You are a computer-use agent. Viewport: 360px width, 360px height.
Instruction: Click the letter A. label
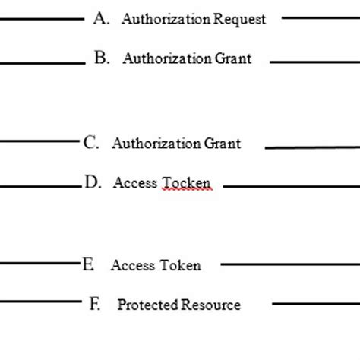click(x=103, y=19)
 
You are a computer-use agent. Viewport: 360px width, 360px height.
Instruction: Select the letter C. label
click(x=91, y=142)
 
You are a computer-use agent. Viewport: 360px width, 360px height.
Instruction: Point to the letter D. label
click(x=93, y=182)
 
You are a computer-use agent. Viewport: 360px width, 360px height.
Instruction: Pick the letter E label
click(x=89, y=265)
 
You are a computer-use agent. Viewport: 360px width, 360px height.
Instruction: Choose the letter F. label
click(x=95, y=305)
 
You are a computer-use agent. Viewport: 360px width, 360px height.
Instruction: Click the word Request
click(x=241, y=20)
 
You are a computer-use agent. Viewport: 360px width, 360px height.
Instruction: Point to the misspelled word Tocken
click(x=185, y=183)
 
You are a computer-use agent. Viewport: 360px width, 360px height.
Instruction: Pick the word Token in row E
click(x=179, y=266)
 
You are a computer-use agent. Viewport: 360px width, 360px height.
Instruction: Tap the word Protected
click(x=147, y=305)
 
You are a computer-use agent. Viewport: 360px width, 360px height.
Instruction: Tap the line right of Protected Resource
click(x=315, y=305)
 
